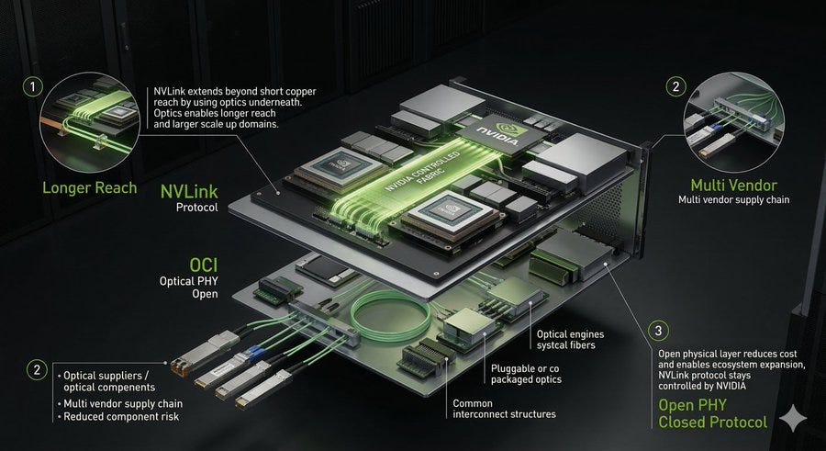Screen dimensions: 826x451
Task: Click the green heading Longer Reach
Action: [90, 187]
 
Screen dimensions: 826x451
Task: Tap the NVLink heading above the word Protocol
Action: [189, 191]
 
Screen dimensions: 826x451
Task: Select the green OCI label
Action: [204, 265]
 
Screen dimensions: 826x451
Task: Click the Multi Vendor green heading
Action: [734, 186]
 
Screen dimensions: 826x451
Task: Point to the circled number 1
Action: [33, 86]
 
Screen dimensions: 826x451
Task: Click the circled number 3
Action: [658, 331]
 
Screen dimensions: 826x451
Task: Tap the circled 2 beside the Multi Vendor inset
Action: [675, 86]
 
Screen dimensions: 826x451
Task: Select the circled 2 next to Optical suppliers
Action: [37, 370]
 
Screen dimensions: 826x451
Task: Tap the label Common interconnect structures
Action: [504, 409]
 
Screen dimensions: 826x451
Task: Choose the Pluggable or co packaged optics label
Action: [526, 374]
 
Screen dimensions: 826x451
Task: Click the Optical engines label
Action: [570, 334]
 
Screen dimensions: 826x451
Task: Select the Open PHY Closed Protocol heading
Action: [713, 413]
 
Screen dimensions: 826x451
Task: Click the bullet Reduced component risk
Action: [121, 417]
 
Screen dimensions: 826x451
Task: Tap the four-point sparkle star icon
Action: [793, 420]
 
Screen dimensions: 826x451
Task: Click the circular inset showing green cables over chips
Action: [90, 122]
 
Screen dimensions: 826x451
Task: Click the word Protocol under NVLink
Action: [197, 208]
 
